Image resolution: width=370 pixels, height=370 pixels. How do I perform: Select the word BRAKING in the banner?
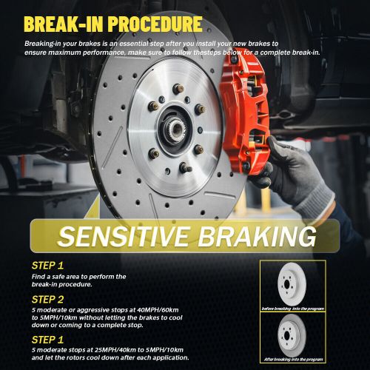tap(258, 237)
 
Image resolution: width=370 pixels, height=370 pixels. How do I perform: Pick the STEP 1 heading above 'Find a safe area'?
tap(48, 265)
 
